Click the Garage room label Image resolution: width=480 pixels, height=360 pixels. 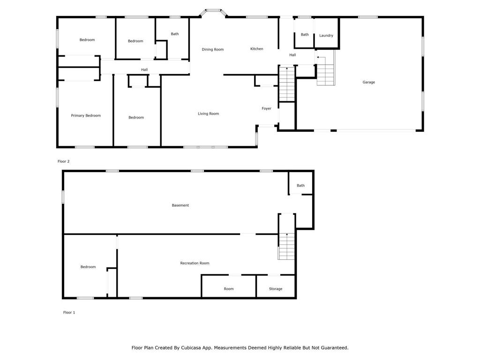pyautogui.click(x=368, y=82)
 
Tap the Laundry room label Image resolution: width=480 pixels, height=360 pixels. pyautogui.click(x=326, y=36)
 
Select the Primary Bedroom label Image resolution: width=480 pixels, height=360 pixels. pyautogui.click(x=86, y=115)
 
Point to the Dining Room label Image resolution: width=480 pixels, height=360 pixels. pyautogui.click(x=213, y=49)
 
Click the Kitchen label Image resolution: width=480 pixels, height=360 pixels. pyautogui.click(x=256, y=49)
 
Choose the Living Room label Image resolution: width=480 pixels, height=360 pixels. pyautogui.click(x=208, y=113)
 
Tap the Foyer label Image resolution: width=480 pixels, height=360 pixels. pyautogui.click(x=266, y=108)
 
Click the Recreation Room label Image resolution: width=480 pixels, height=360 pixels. pyautogui.click(x=195, y=263)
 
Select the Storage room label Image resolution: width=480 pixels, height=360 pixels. pyautogui.click(x=276, y=289)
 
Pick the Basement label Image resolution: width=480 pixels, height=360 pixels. pyautogui.click(x=180, y=205)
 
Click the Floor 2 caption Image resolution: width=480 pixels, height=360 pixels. pyautogui.click(x=64, y=161)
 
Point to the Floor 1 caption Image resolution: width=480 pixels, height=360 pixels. pyautogui.click(x=69, y=312)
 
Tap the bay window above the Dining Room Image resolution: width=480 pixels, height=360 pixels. pyautogui.click(x=213, y=12)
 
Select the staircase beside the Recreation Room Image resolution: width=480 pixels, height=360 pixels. pyautogui.click(x=286, y=246)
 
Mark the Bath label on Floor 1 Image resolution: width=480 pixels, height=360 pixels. pyautogui.click(x=300, y=186)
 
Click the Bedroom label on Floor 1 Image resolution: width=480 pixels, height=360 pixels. pyautogui.click(x=88, y=267)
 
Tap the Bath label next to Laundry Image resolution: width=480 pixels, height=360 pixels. pyautogui.click(x=305, y=35)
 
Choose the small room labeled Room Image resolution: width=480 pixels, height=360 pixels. pyautogui.click(x=229, y=289)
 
